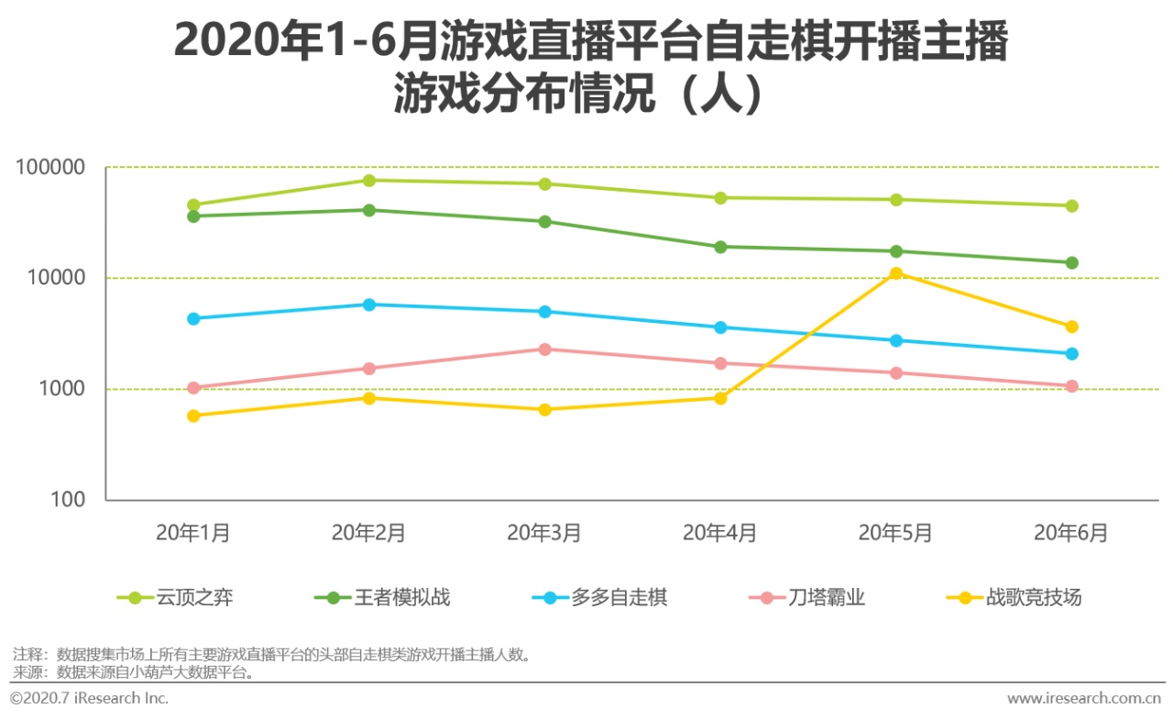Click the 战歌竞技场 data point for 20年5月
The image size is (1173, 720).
click(896, 273)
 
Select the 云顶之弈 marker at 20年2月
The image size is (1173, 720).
click(368, 181)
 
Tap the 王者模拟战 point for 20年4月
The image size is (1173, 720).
click(720, 247)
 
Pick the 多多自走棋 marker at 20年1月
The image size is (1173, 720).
click(193, 319)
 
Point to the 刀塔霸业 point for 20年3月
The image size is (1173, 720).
click(544, 349)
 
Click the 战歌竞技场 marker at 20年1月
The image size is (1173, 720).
click(193, 415)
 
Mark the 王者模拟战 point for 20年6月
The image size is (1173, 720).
click(1071, 263)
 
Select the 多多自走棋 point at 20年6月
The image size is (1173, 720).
click(1071, 354)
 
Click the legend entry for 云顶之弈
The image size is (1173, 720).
click(175, 598)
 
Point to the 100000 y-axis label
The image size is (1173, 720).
click(49, 168)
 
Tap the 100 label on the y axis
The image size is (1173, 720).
click(68, 501)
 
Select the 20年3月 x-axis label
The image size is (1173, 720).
click(544, 533)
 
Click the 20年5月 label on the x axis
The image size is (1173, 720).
click(895, 533)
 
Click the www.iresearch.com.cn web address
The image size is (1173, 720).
click(1084, 699)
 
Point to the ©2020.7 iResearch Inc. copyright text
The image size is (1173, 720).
click(89, 699)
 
